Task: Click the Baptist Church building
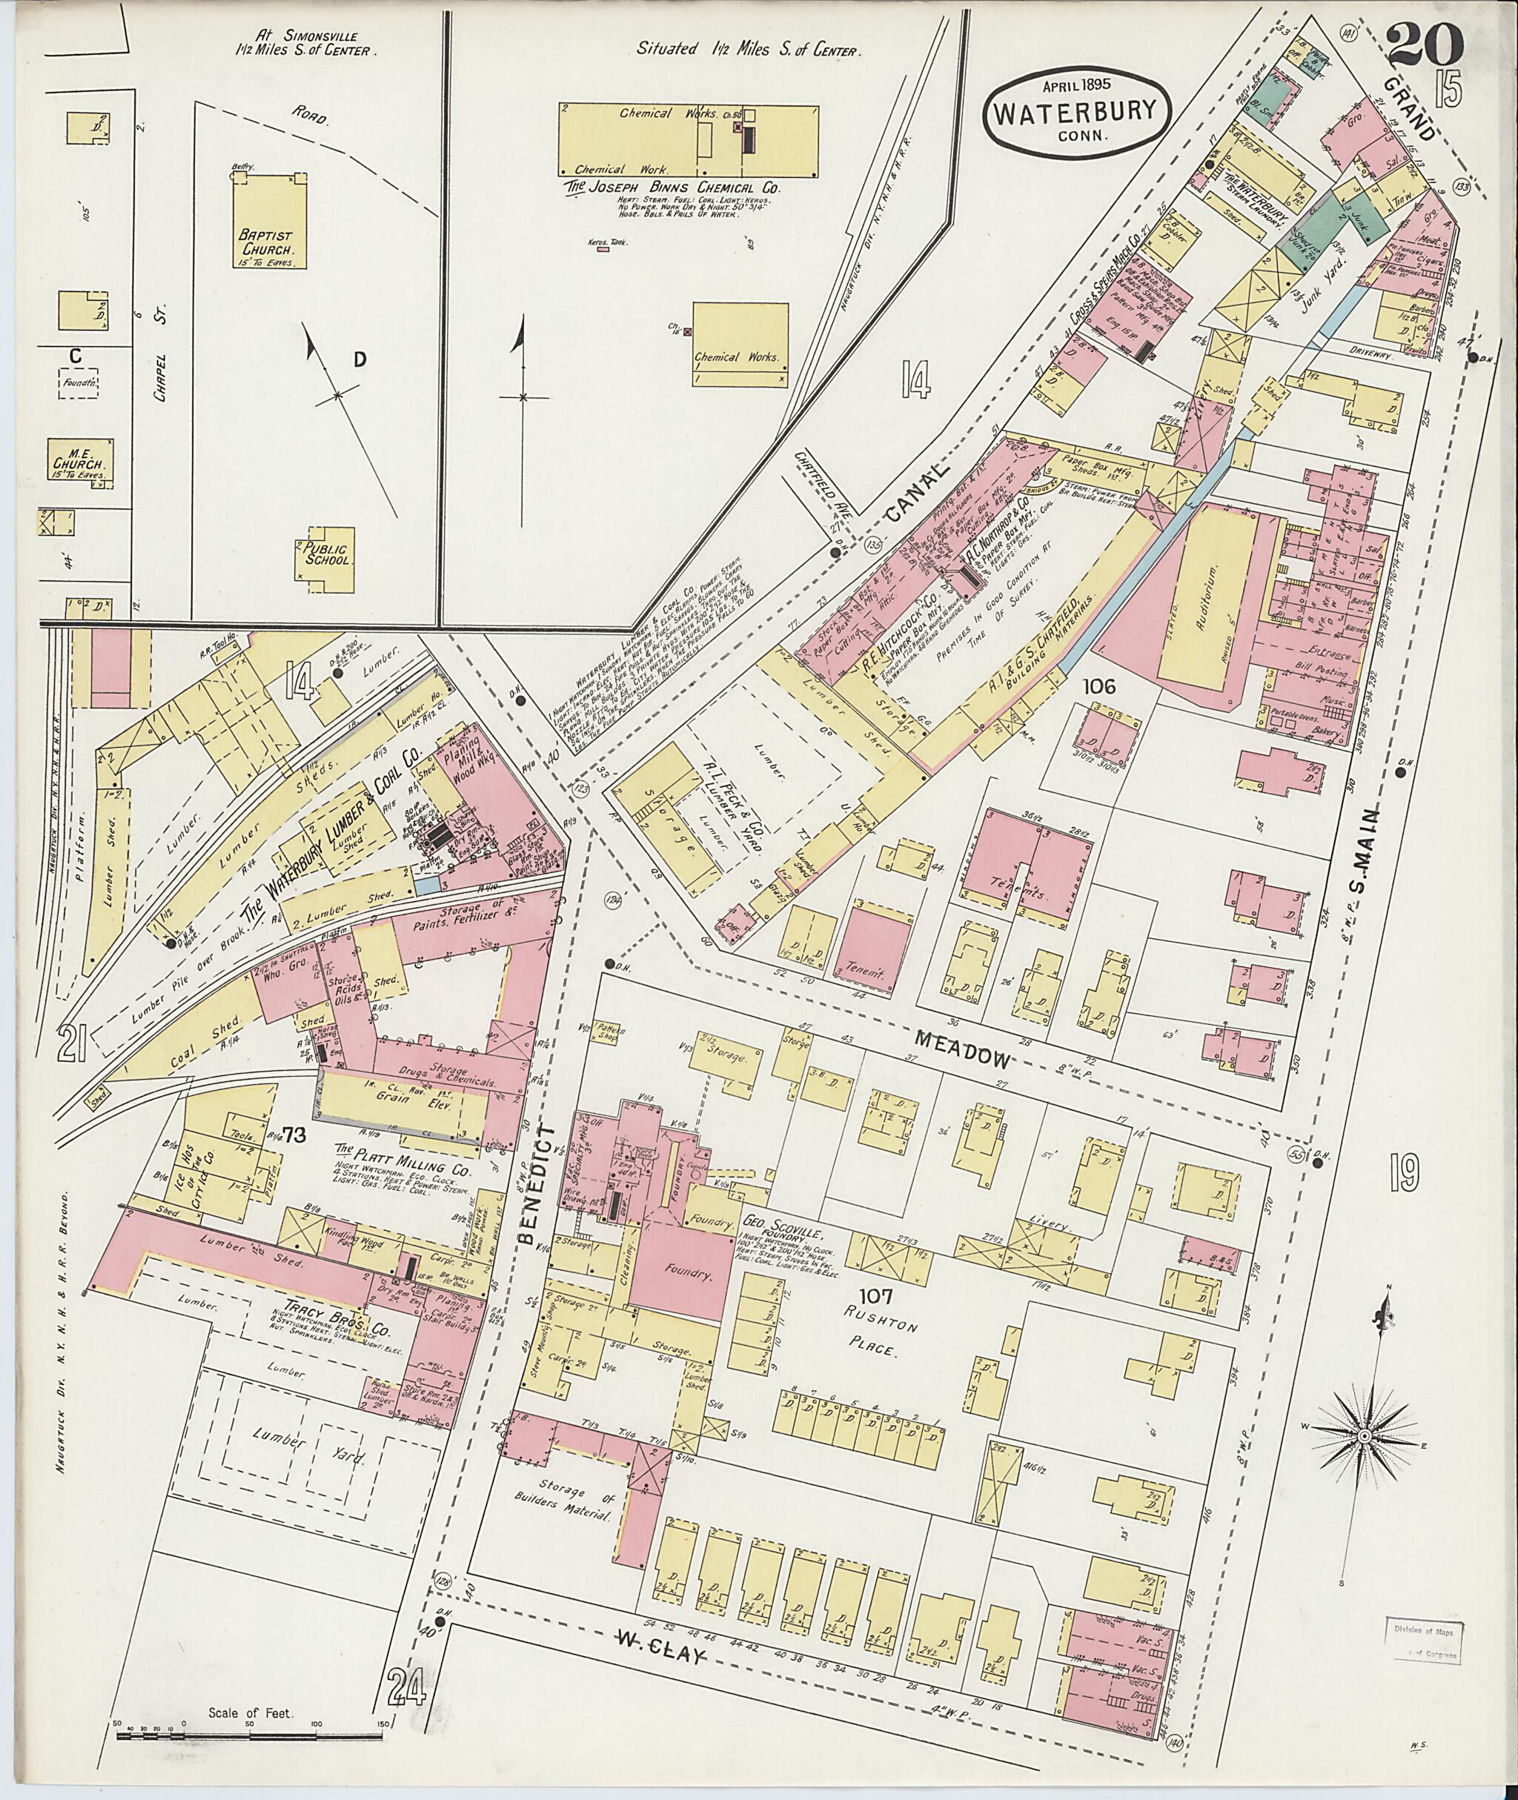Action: point(269,223)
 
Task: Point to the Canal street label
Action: point(911,502)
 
